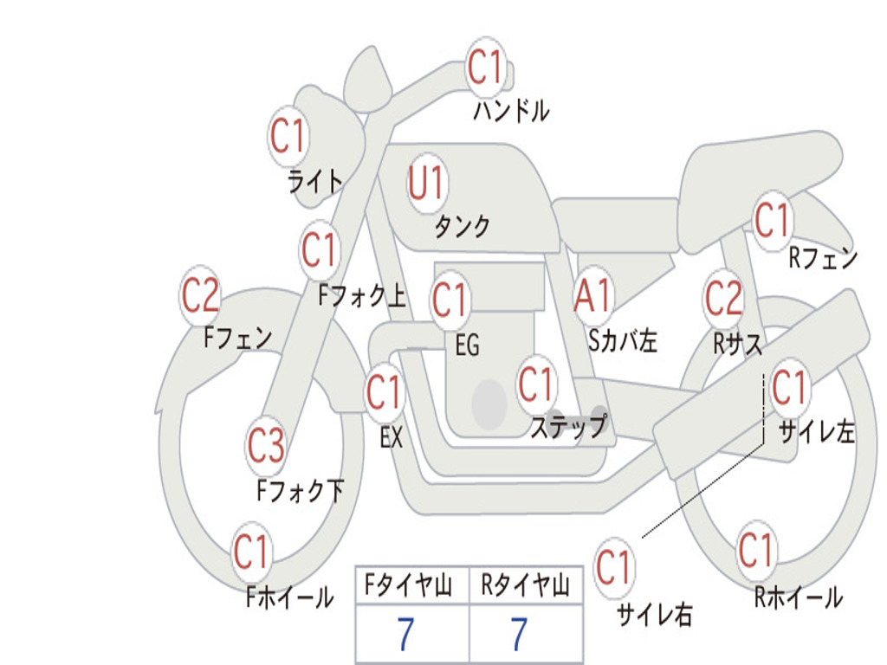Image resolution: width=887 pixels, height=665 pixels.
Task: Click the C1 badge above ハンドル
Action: click(485, 67)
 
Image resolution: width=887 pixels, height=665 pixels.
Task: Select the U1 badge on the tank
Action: click(426, 183)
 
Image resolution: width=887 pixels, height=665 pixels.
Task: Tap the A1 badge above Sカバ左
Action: click(594, 295)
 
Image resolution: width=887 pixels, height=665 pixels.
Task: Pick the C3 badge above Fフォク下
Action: click(266, 446)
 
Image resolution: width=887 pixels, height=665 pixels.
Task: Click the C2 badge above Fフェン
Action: click(200, 296)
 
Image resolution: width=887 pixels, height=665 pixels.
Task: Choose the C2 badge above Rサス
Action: click(723, 297)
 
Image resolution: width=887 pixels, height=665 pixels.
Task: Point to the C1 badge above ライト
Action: click(288, 136)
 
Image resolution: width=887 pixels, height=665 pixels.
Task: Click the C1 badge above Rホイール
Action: click(756, 550)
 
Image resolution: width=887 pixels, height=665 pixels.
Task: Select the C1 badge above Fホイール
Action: click(251, 552)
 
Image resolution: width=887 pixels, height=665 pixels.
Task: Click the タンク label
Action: click(462, 227)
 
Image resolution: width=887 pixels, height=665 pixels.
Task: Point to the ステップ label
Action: click(568, 427)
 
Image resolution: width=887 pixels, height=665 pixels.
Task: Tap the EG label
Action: click(467, 345)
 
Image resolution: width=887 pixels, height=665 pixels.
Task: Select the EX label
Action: click(392, 437)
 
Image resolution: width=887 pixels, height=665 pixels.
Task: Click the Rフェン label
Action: click(822, 257)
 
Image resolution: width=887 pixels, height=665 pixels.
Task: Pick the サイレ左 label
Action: click(817, 431)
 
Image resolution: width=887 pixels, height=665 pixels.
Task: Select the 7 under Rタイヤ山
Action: click(519, 635)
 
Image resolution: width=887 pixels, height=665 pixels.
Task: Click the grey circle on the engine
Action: click(489, 404)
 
